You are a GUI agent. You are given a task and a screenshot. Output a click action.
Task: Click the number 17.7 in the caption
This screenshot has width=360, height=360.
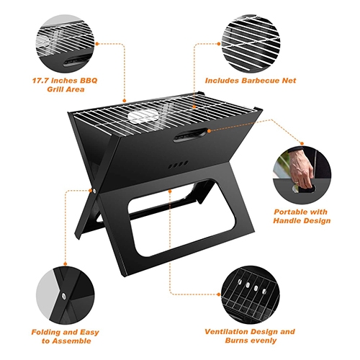coord(40,81)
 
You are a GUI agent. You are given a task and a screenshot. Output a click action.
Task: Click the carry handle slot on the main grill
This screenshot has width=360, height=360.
coord(191,135)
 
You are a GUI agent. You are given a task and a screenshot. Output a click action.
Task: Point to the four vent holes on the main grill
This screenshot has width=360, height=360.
coord(178,165)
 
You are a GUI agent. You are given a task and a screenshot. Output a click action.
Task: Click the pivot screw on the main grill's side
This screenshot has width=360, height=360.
coord(94,192)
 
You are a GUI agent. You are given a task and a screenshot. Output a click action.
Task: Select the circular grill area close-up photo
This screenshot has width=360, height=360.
coord(65,44)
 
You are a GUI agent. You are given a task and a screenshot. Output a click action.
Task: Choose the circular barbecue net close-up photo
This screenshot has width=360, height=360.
coord(251,44)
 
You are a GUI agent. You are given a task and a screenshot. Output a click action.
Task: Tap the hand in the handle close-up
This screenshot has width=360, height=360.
coord(301,168)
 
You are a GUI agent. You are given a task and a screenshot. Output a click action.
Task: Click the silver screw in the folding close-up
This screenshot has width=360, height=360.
coord(64,296)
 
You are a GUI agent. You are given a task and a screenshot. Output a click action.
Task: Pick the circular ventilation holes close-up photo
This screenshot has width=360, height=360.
coord(251,294)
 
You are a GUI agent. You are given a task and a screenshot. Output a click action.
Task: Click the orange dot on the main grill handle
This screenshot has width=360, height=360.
coord(209,131)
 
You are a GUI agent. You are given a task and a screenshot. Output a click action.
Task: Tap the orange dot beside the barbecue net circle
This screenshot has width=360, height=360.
coord(219,44)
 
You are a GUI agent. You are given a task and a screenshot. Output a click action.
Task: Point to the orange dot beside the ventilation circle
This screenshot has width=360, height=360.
coord(219,294)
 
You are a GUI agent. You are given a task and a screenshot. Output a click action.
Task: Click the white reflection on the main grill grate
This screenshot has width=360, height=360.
coord(143,116)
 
